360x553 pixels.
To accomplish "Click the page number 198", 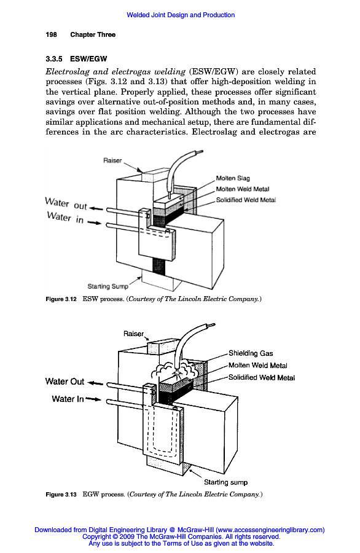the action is coord(51,34).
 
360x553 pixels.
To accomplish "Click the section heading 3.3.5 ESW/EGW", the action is coord(76,59).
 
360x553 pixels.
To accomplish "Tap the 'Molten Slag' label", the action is coord(233,178).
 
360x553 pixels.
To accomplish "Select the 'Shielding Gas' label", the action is coord(251,353).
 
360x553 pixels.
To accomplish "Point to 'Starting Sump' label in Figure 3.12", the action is coord(108,286).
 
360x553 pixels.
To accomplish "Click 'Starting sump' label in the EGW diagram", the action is coord(225,482).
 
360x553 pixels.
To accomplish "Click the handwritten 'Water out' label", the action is coord(66,203).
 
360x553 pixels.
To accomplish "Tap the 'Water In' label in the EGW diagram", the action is coord(68,399).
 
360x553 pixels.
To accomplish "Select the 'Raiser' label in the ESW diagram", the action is coord(112,160).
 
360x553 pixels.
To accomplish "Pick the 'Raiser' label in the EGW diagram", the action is coord(134,334).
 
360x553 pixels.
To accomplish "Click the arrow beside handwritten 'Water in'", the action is coord(94,222).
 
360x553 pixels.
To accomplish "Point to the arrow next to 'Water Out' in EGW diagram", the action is coord(95,383).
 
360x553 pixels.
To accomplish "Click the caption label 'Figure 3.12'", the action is coord(61,299).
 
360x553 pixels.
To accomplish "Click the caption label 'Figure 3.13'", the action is coord(61,495).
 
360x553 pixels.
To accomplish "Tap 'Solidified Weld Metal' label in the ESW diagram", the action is coord(246,200).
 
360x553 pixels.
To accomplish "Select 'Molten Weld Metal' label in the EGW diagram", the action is coord(258,366).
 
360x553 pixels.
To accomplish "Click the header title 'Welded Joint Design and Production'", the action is coord(181,15).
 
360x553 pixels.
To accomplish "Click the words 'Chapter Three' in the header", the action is coord(93,34).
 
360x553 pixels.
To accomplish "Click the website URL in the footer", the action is coord(270,530).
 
